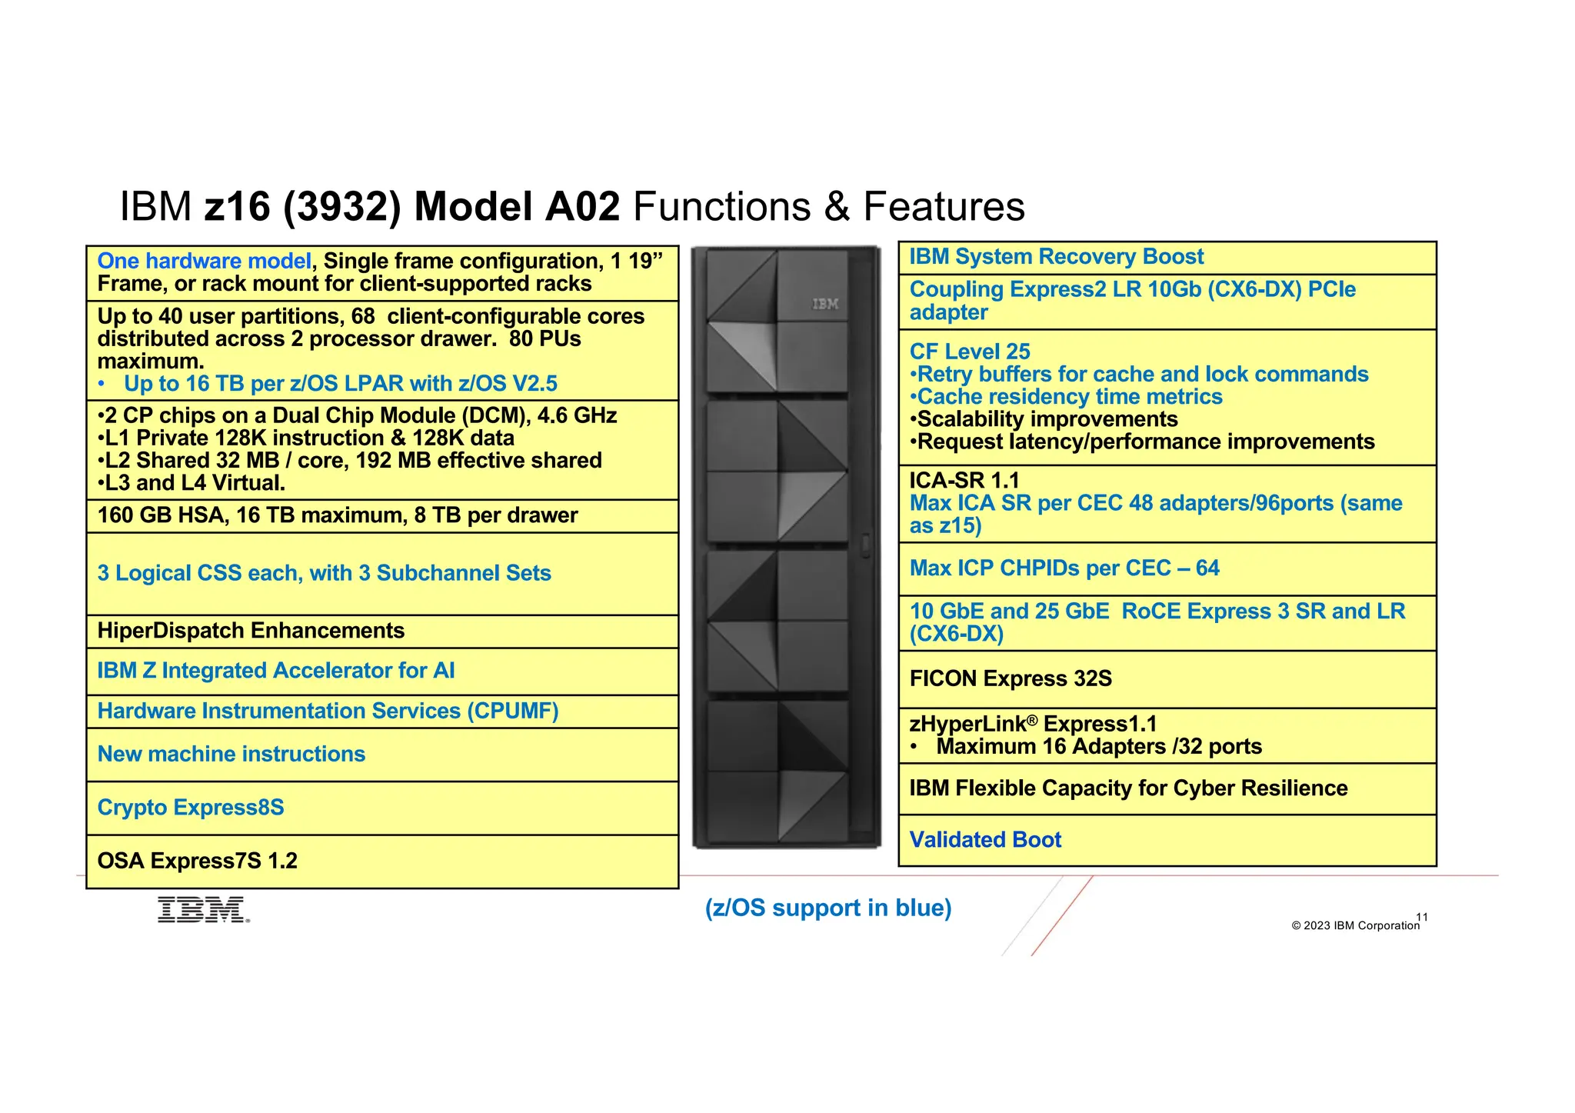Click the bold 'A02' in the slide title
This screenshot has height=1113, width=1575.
point(582,207)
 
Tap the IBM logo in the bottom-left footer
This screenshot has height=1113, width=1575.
point(203,909)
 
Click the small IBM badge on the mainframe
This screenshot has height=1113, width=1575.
point(825,304)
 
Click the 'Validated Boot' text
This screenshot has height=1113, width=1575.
point(985,840)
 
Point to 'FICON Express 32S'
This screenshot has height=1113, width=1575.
point(1011,678)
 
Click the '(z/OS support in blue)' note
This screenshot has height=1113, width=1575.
point(828,908)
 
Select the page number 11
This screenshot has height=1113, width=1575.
point(1422,917)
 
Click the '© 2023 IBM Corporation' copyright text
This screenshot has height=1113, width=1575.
point(1355,925)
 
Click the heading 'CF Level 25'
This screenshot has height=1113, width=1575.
point(970,352)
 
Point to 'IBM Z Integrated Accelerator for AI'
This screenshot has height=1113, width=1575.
point(276,671)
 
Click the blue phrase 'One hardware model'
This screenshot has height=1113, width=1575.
point(204,262)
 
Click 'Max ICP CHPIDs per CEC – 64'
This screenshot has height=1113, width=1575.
point(1064,568)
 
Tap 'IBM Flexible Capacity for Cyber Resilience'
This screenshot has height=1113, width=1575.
point(1128,788)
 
